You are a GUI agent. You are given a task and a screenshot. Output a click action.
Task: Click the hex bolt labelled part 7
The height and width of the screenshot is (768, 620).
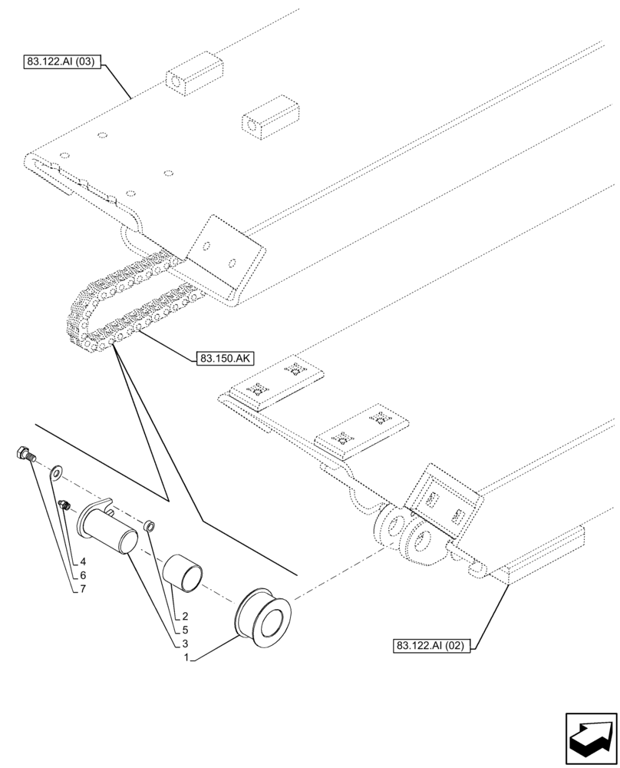point(23,454)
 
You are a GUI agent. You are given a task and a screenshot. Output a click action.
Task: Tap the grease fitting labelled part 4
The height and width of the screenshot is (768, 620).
point(64,505)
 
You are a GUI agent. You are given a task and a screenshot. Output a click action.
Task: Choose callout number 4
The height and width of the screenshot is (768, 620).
point(82,561)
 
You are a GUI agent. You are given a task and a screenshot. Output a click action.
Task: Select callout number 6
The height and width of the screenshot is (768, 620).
point(82,574)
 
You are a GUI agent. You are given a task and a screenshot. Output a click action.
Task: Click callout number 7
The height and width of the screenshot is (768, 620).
point(82,589)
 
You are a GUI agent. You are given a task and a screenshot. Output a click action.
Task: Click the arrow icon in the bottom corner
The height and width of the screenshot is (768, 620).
point(591,741)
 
